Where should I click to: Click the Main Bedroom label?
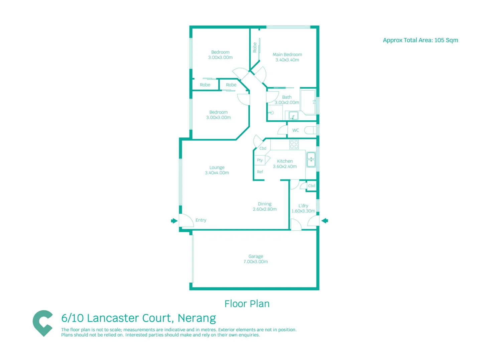(287, 54)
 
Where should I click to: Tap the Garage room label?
(256, 256)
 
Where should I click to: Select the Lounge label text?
(217, 167)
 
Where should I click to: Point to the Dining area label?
(265, 204)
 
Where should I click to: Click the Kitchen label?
(285, 161)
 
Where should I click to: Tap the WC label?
(295, 130)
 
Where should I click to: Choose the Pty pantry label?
(260, 160)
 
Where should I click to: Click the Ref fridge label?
(260, 172)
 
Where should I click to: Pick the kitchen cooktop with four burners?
(294, 145)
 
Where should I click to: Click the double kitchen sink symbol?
(311, 160)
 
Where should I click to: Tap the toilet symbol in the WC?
(310, 130)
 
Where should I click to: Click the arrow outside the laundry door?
(325, 221)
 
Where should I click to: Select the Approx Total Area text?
(420, 40)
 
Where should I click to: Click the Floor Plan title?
(247, 304)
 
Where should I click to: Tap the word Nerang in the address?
(197, 318)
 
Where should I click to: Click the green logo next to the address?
(43, 323)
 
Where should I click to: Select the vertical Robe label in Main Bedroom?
(255, 47)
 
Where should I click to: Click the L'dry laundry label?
(303, 206)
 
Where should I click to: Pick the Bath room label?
(287, 97)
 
